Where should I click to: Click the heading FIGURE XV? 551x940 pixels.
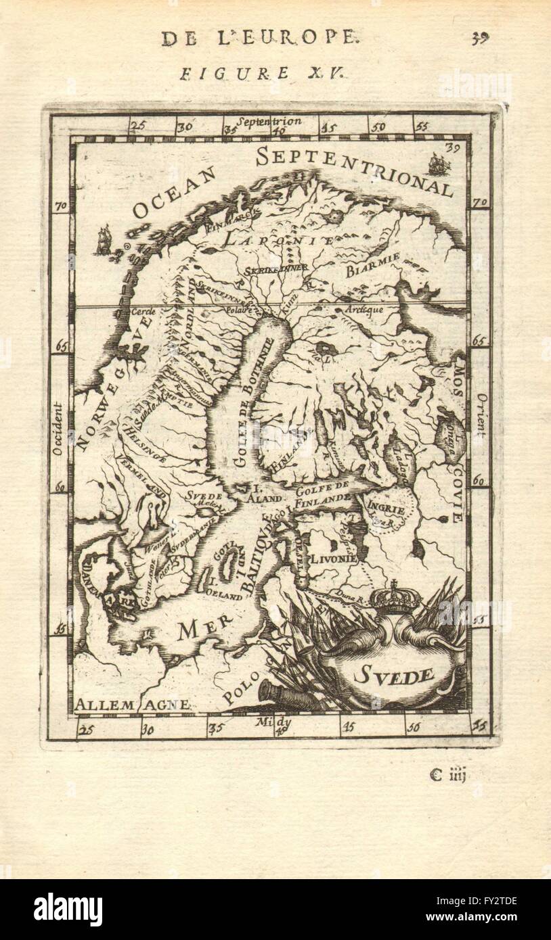tap(263, 73)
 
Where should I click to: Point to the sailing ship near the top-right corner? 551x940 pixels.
tap(437, 163)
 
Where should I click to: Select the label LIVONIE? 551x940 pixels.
tap(333, 560)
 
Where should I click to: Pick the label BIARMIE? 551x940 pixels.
tap(372, 266)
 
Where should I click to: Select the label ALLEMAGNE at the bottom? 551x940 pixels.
tap(133, 705)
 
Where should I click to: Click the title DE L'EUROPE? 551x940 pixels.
tap(258, 38)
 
